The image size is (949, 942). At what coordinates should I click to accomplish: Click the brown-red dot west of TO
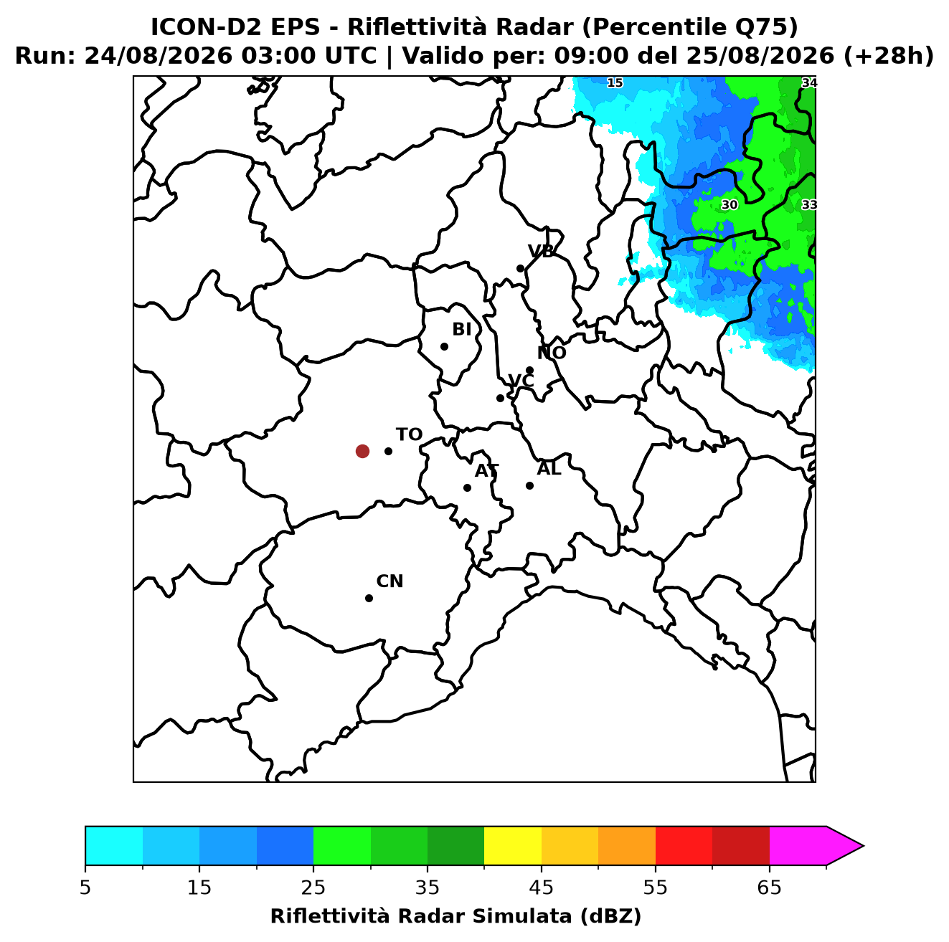pos(362,450)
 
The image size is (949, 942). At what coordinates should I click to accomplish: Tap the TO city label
pos(409,434)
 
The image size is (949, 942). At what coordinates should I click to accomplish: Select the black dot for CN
pos(369,598)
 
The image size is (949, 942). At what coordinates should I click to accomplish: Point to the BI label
pos(461,330)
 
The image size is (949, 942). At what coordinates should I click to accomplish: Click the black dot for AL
pos(529,485)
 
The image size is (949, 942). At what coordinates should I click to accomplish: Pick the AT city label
pos(486,471)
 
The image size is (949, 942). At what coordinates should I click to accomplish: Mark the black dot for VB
pos(520,268)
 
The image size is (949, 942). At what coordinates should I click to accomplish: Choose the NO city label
pos(551,353)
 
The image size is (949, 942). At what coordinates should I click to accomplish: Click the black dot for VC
pos(500,398)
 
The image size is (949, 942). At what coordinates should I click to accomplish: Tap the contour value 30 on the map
pos(729,204)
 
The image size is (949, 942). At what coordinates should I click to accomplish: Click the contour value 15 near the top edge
pos(615,82)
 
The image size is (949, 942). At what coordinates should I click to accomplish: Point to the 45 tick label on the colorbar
pos(542,888)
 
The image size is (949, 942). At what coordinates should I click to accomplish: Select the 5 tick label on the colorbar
pos(85,888)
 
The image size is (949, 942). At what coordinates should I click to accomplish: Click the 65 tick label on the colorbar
pos(769,888)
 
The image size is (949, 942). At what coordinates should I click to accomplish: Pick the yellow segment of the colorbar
pos(513,847)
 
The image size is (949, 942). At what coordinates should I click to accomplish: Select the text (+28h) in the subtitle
pos(888,56)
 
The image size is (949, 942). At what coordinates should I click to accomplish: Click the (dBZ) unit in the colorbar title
pos(610,916)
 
